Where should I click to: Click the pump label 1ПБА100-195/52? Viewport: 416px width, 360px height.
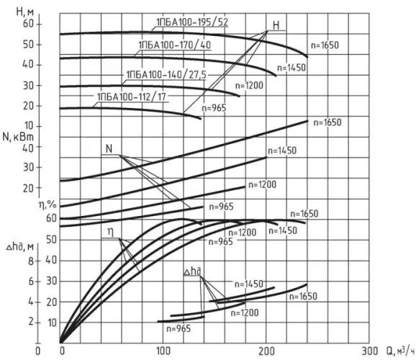192,22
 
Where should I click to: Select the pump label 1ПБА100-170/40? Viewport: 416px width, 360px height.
174,45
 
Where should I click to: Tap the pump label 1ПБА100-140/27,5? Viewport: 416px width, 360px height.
166,75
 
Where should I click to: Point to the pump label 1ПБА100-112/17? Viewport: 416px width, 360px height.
131,97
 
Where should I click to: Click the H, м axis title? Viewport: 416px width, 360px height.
25,12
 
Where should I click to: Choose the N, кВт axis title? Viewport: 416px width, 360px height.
18,137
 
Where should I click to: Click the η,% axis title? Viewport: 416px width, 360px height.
48,204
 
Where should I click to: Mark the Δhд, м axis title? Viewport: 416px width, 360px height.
20,248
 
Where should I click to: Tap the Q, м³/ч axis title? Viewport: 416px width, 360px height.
400,351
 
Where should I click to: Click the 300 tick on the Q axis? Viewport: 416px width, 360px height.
369,351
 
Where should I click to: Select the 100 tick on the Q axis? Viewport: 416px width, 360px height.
163,351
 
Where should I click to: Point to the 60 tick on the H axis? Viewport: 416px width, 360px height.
28,24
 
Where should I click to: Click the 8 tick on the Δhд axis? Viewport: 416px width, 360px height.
31,261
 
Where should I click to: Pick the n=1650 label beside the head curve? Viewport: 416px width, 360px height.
325,45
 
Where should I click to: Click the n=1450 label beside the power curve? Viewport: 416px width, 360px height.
282,150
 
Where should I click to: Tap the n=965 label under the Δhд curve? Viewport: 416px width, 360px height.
178,329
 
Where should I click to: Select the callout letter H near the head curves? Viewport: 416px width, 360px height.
276,25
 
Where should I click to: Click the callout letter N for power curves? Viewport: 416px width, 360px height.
109,149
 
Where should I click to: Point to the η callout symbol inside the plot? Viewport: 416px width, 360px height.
110,233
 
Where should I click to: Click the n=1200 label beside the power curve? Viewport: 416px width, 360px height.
262,185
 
